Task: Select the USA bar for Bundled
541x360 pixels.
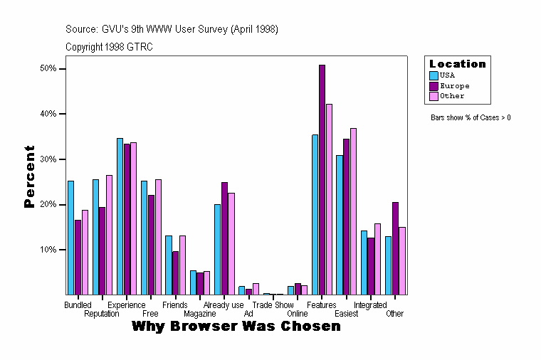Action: click(x=70, y=238)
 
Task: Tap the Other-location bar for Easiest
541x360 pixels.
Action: click(x=353, y=211)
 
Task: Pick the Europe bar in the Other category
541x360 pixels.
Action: click(x=395, y=248)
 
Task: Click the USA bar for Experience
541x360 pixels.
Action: click(x=120, y=216)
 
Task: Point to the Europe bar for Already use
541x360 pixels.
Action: click(x=224, y=238)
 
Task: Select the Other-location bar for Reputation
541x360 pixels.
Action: click(x=109, y=235)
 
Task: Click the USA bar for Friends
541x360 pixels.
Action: click(x=169, y=265)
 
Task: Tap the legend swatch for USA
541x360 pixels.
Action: click(x=434, y=75)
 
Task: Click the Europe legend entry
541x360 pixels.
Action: click(x=454, y=85)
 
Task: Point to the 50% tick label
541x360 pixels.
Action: click(x=48, y=69)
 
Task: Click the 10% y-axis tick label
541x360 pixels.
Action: click(x=48, y=250)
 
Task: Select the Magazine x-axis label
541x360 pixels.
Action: click(x=199, y=314)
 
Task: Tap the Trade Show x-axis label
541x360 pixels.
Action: click(x=273, y=305)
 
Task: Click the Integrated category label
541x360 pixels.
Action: click(x=370, y=305)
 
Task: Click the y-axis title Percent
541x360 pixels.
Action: click(x=29, y=176)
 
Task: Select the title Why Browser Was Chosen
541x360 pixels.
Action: click(x=236, y=327)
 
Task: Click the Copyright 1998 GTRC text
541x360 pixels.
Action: click(x=109, y=47)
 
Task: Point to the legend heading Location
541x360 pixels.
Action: click(x=458, y=64)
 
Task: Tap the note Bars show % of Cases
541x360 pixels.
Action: click(x=471, y=117)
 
